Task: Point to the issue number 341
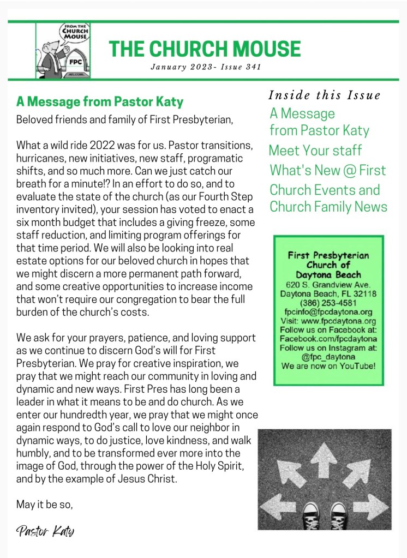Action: tap(252, 68)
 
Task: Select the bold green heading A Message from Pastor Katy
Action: tap(99, 101)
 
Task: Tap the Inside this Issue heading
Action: tap(324, 95)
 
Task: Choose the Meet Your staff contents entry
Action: tap(315, 150)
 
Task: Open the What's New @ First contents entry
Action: tap(327, 170)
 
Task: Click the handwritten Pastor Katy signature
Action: tap(45, 531)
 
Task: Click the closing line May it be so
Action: tap(44, 505)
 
